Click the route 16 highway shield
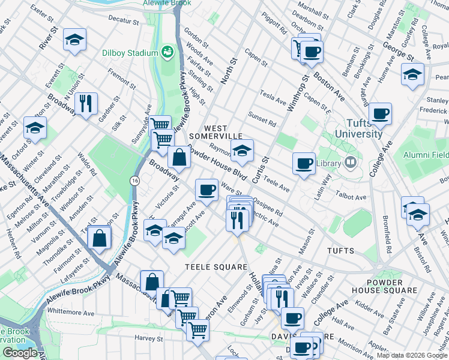[x=134, y=179]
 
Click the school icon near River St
[x=74, y=40]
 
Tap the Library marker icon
[x=350, y=163]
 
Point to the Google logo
[x=20, y=353]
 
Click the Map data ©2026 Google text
[x=412, y=355]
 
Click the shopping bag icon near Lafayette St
[x=99, y=238]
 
